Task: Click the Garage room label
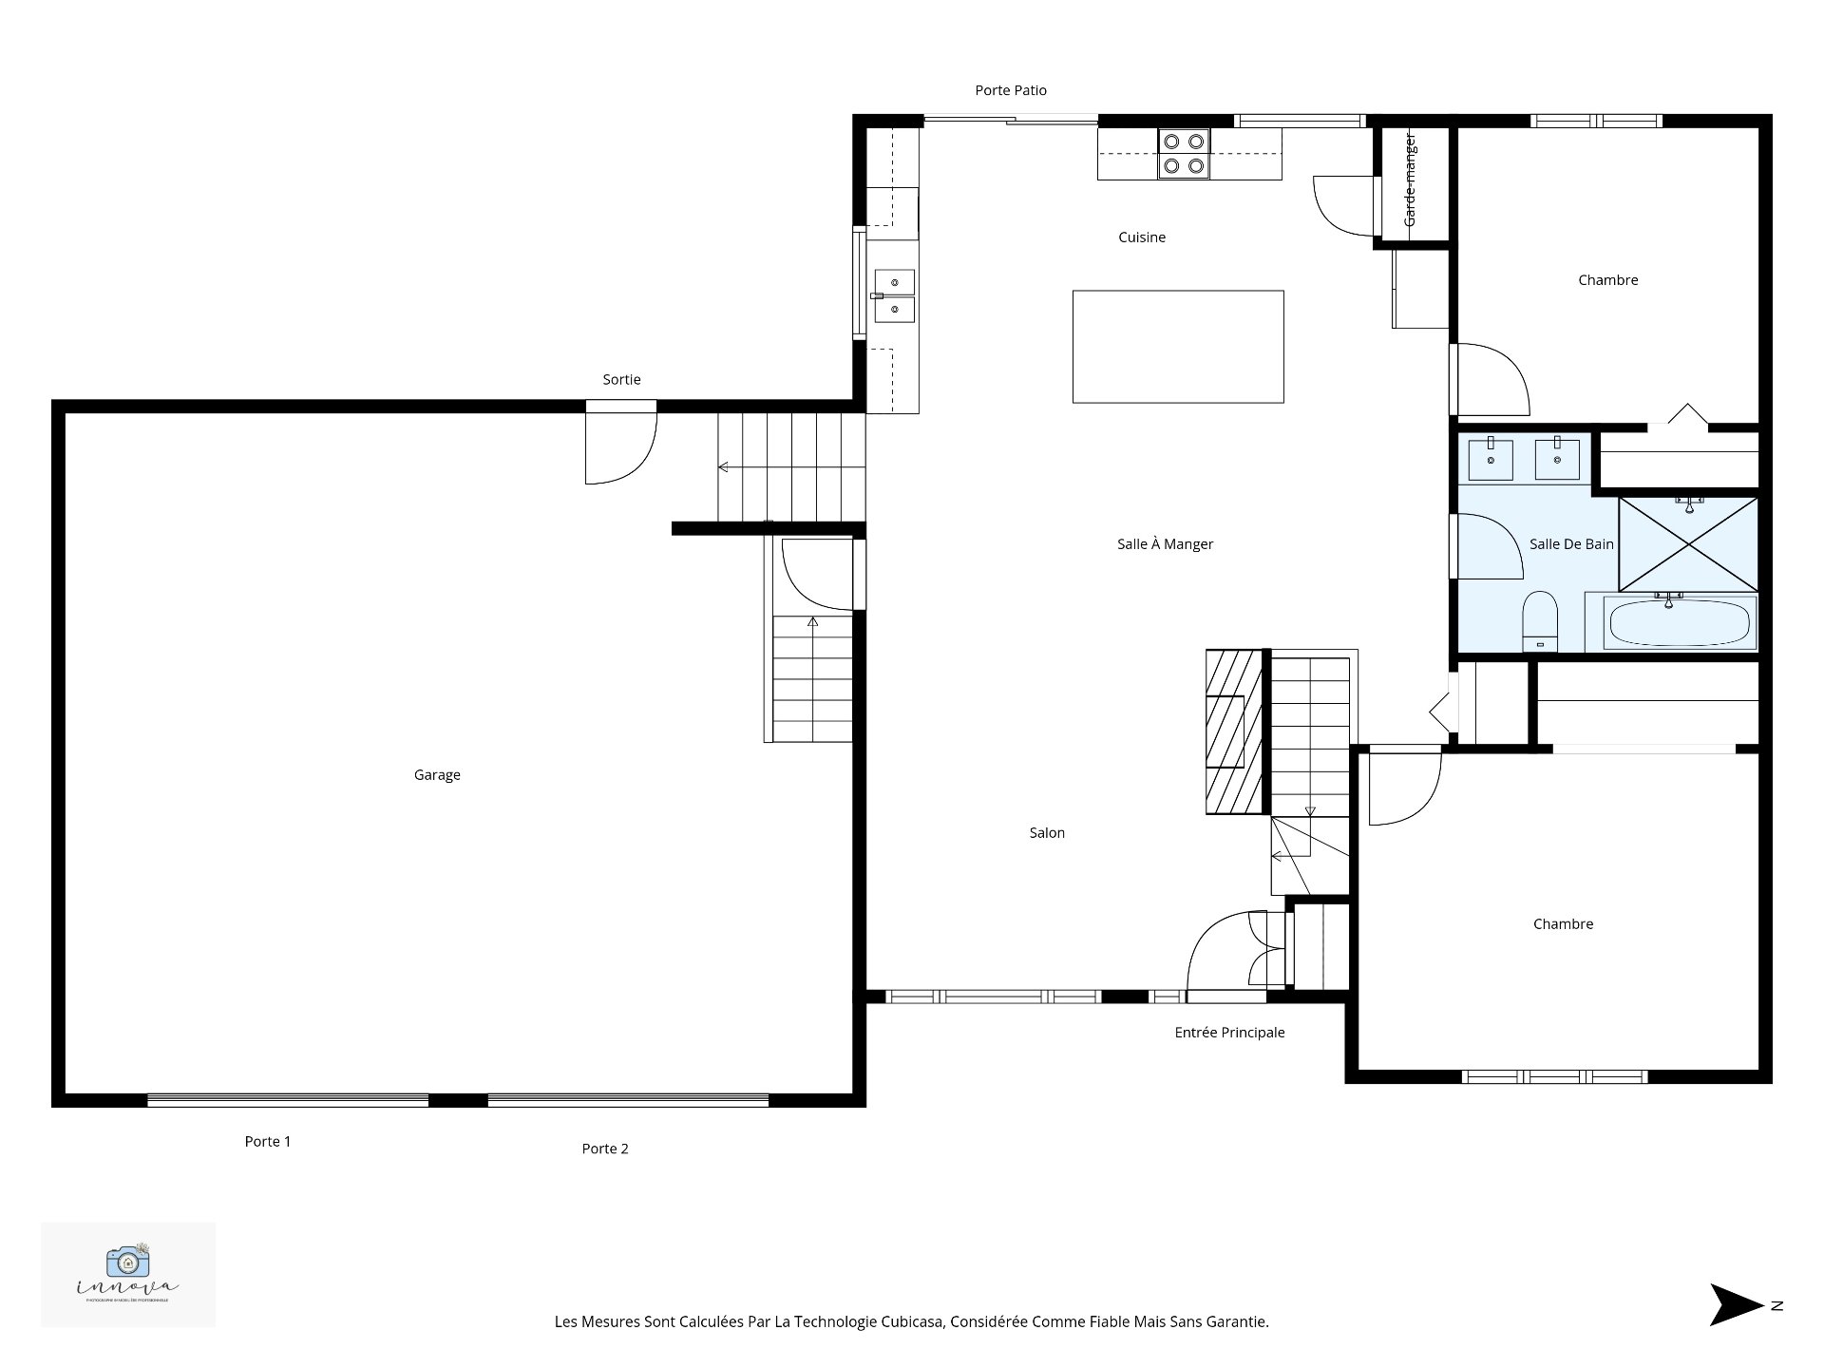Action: tap(437, 775)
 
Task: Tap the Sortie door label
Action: tap(621, 380)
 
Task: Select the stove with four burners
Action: tap(1184, 154)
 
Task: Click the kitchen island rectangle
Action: tap(1178, 347)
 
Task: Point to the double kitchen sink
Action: tap(894, 295)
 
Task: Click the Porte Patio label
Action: tap(1011, 91)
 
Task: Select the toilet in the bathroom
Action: tap(1540, 620)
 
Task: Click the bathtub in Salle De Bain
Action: tap(1679, 623)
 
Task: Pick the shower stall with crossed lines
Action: tap(1688, 544)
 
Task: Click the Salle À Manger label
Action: tap(1165, 544)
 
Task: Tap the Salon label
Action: tap(1047, 833)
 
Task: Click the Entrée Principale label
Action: tap(1229, 1033)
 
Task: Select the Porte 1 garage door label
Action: tap(268, 1142)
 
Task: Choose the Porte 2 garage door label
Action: tap(605, 1149)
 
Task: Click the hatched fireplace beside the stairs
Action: tap(1234, 731)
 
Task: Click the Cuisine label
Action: tap(1142, 237)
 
